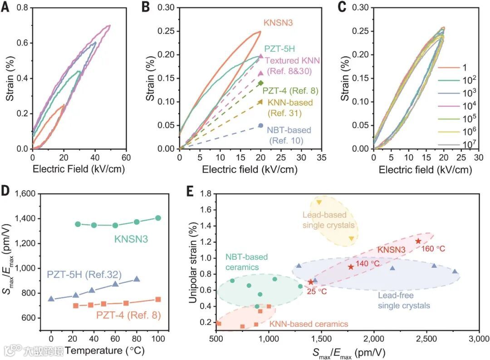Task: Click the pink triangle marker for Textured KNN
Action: [x=261, y=56]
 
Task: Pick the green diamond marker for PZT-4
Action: [x=261, y=83]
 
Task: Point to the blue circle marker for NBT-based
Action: [x=261, y=125]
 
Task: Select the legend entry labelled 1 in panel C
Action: [x=446, y=67]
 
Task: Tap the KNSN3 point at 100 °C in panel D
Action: [x=158, y=218]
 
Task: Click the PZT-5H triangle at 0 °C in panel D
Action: [x=51, y=299]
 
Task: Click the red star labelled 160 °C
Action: [x=418, y=241]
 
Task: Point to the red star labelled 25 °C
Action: [x=311, y=282]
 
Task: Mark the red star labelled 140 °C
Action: [x=351, y=267]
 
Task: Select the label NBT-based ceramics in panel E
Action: [x=247, y=261]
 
